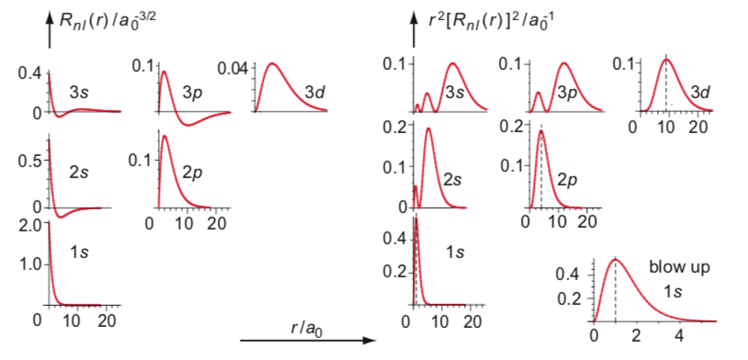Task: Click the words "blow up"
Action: [680, 267]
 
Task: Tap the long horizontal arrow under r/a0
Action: [309, 341]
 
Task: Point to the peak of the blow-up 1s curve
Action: [616, 259]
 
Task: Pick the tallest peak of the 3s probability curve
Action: [452, 63]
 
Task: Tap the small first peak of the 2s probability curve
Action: [415, 186]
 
